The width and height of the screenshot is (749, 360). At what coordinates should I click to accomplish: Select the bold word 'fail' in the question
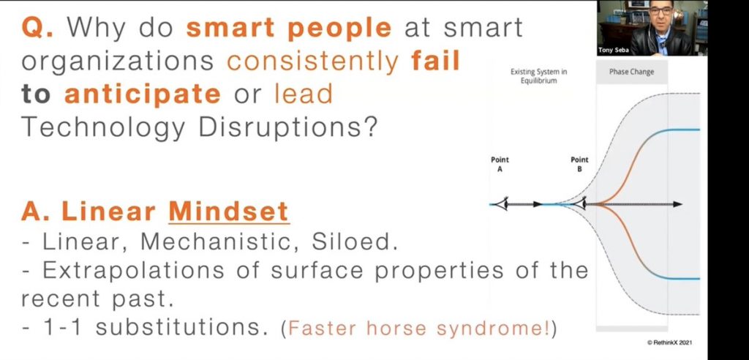(434, 61)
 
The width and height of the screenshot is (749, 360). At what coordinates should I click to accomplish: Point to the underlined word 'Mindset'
(229, 211)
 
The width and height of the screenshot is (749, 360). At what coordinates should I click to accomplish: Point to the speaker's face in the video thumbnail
(661, 19)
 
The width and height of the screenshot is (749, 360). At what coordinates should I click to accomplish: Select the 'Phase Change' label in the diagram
(631, 72)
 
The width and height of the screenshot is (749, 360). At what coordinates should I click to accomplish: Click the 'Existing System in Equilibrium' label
(539, 77)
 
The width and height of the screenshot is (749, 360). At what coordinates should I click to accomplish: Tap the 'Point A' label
(500, 164)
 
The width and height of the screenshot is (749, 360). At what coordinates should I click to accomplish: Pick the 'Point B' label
(579, 164)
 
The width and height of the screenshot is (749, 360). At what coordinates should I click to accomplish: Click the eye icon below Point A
(500, 204)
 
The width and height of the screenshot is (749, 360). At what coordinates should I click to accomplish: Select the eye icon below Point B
(579, 204)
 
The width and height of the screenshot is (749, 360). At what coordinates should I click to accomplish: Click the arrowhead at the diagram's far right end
(678, 204)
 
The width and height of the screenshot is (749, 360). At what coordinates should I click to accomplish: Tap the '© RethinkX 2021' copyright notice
(670, 342)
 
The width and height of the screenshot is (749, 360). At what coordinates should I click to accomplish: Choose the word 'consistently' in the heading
(313, 61)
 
